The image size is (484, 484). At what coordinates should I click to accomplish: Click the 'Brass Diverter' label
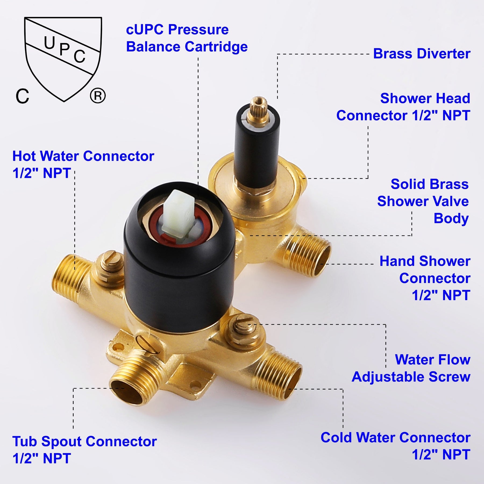[x=421, y=54]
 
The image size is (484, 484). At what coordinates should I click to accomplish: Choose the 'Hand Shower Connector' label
[x=425, y=278]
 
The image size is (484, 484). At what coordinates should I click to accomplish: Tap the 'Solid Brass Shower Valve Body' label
[x=423, y=201]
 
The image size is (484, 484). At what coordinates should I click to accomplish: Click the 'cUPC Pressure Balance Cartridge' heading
[x=187, y=38]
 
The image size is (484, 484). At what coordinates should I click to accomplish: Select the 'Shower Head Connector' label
[x=403, y=107]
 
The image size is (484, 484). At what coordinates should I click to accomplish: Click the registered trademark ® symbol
[x=98, y=95]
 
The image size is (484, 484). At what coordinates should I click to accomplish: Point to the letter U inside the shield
[x=49, y=43]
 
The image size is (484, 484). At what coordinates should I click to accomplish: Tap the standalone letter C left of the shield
[x=22, y=96]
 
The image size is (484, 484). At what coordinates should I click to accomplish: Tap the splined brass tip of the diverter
[x=258, y=106]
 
